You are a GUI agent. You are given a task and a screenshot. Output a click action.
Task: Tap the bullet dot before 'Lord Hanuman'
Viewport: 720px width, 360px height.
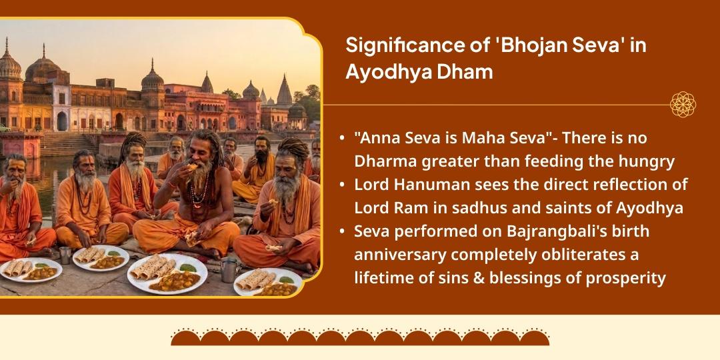click(342, 185)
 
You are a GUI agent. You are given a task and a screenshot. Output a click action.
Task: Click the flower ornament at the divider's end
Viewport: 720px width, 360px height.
click(683, 105)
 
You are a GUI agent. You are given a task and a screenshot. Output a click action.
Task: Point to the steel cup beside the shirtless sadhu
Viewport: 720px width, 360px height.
click(229, 269)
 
